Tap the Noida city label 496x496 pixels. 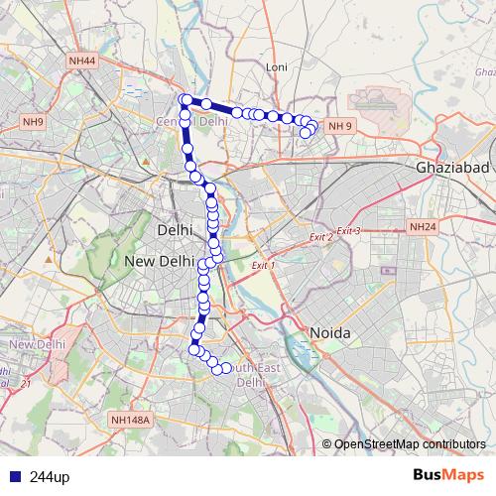[329, 333]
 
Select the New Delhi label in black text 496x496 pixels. [159, 261]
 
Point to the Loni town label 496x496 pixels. [276, 67]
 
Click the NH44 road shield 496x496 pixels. [82, 62]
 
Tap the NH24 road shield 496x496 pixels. [422, 227]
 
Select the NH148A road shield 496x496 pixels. [130, 420]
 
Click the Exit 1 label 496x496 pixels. [263, 266]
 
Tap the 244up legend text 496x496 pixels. [50, 477]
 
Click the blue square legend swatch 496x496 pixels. [12, 477]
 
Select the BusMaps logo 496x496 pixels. [448, 476]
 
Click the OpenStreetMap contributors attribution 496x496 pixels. [410, 444]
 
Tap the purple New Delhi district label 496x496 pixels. [33, 344]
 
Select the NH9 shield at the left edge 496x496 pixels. [34, 122]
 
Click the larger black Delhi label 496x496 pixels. [174, 230]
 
